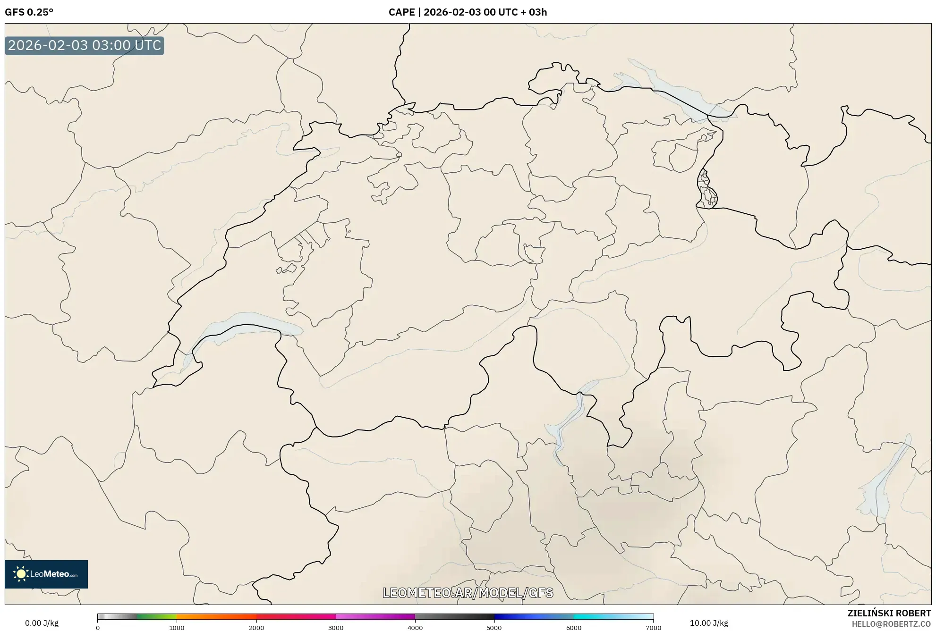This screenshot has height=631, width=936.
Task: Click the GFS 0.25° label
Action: pos(29,12)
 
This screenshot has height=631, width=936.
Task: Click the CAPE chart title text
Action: pos(468,12)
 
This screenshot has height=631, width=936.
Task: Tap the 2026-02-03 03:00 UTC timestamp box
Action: pos(85,45)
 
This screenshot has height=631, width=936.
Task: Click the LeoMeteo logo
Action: pos(46,574)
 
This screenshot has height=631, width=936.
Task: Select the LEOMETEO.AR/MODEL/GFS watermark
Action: pos(468,593)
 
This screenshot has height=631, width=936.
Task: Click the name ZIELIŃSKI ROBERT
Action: pos(889,613)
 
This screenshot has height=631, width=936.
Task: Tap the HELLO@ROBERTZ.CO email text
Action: pos(891,624)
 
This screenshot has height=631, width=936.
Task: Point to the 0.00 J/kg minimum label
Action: pos(42,623)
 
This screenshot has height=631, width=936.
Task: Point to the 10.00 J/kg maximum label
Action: pos(708,623)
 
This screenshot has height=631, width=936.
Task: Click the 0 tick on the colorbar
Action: pos(98,628)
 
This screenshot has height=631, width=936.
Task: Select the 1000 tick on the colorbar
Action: pos(177,628)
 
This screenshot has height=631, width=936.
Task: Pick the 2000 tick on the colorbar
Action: pos(256,628)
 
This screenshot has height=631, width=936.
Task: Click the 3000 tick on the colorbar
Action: pos(336,628)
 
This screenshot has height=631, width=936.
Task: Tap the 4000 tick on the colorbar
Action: pos(415,628)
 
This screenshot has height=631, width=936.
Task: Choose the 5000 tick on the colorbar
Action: pos(494,628)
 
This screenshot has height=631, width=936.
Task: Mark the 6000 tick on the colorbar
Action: pos(574,628)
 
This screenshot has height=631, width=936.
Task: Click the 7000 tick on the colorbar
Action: pos(653,628)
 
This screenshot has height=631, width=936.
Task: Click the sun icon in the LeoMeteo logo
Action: pos(21,574)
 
